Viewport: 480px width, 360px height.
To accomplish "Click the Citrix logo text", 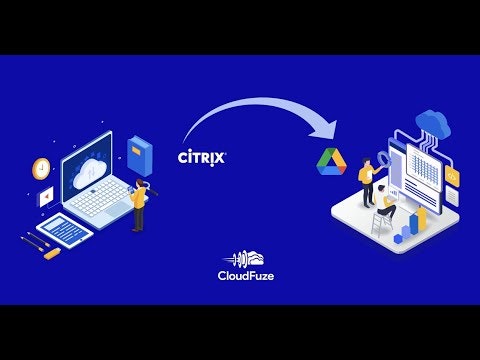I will coord(201,157).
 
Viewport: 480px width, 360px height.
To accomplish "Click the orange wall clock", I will coord(41,168).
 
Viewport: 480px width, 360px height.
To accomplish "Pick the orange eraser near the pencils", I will coord(51,254).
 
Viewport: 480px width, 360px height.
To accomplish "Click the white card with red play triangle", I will coord(46,198).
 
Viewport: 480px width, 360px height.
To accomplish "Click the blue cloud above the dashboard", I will coord(434,122).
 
